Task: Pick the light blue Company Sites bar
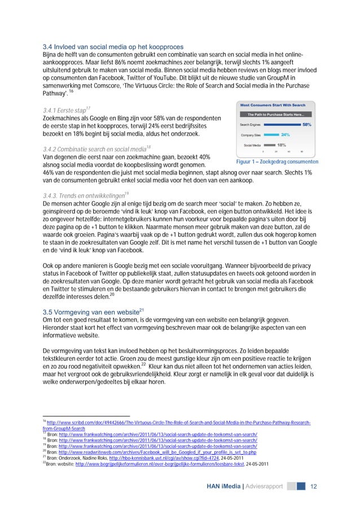(x=272, y=135)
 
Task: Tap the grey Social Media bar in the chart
(x=269, y=145)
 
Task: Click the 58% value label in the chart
(x=308, y=124)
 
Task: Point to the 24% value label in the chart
(x=286, y=135)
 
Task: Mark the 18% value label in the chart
(x=281, y=145)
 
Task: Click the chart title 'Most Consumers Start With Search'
(x=273, y=105)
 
